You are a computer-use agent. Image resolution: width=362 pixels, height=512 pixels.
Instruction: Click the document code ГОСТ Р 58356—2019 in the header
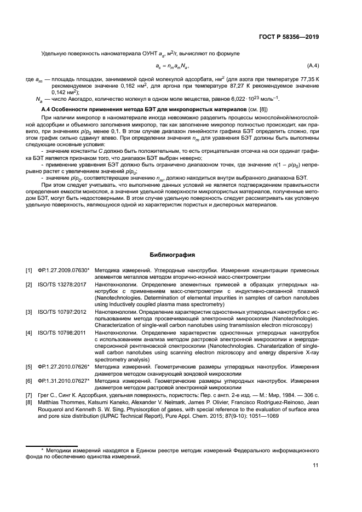288,37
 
